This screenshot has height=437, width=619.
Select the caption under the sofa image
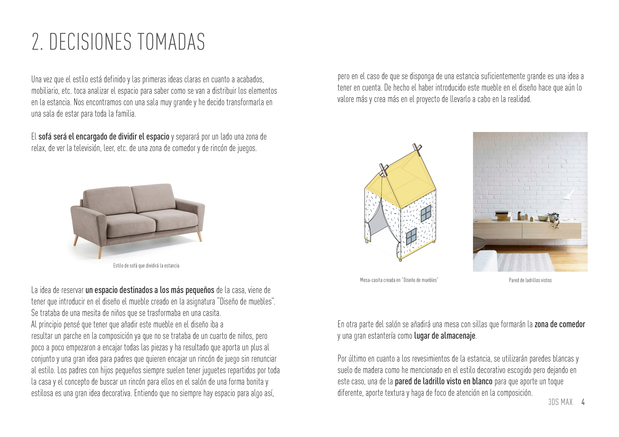tap(146, 266)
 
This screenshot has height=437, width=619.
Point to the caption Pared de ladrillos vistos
tap(530, 280)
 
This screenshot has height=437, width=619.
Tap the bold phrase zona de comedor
tap(560, 324)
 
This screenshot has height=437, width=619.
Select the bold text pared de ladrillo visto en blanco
tap(443, 381)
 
